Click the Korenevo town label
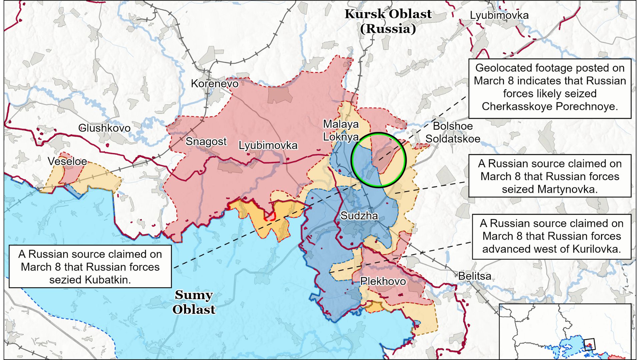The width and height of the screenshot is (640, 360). pos(214,83)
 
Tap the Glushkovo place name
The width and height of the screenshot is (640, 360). pos(104,128)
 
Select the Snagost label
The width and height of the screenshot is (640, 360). pos(206,141)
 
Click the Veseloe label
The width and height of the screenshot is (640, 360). pos(67,161)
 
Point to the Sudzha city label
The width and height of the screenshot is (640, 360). pos(359,216)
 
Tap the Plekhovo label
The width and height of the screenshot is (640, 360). pos(383,281)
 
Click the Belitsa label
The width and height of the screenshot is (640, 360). pos(475,276)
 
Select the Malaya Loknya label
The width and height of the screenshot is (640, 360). pos(341,130)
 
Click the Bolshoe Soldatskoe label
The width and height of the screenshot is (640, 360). pos(453,132)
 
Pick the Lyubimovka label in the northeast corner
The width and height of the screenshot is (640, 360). pos(499,15)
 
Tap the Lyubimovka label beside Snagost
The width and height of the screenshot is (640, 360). pos(268,145)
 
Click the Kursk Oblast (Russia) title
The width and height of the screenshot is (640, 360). pos(388,21)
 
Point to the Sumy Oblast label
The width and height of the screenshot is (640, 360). pos(194,302)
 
